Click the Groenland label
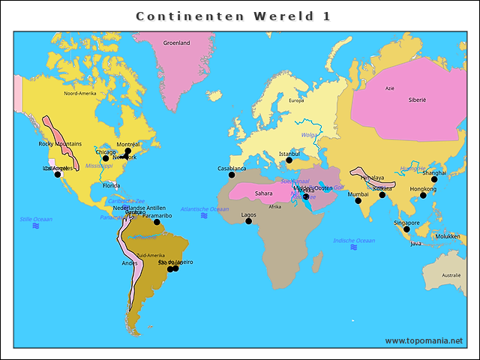coord(177,43)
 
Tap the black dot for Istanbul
coord(289,160)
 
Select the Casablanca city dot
coord(232,175)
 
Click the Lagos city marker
coord(249,220)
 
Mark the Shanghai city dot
coord(434,178)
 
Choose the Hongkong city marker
coord(423,195)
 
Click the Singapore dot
coord(407,229)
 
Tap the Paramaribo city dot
coord(157,221)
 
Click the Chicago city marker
coord(106,158)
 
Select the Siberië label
coord(417,100)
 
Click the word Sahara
coord(264,193)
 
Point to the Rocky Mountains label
coord(60,143)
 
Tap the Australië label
coord(451,275)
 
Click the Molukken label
coord(447,236)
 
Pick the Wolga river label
coord(309,135)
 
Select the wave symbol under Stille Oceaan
coord(36,226)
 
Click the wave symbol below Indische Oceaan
coord(354,247)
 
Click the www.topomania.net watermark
coord(424,340)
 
